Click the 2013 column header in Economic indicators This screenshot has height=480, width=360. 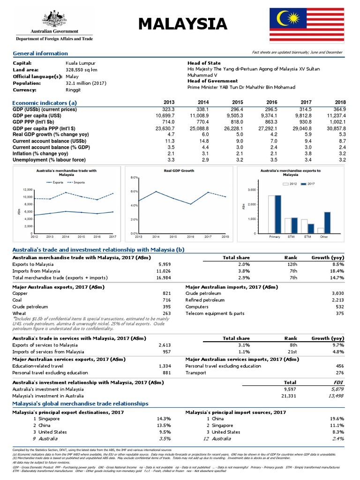tap(169, 102)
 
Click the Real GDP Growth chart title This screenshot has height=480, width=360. tap(179, 171)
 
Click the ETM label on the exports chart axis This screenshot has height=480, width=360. tap(307, 237)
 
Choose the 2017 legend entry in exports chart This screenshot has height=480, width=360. tap(308, 184)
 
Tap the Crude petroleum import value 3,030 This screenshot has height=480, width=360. tap(337, 293)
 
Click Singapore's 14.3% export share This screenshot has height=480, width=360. tap(165, 419)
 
